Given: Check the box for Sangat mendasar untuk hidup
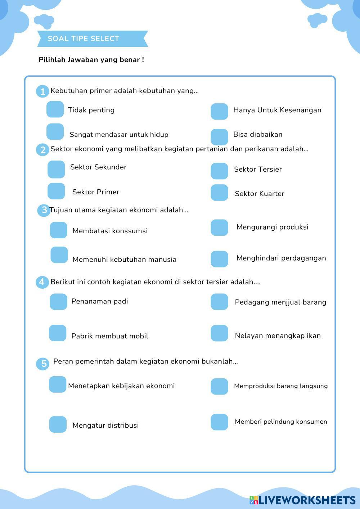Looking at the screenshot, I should pos(55,132).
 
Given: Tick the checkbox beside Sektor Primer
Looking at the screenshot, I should pos(56,191).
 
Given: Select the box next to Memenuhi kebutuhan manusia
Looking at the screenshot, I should pos(59,255).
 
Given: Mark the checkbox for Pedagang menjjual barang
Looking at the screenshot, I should pos(219,302).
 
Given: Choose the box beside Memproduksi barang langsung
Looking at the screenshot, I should pos(219,386).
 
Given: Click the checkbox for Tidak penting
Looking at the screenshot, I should pos(55,109).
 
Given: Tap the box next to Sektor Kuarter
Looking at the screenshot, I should pos(219,193).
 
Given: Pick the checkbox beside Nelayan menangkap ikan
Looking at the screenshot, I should pos(219,333).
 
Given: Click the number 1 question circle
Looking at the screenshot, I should pos(42,91).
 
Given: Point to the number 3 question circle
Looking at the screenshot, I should pos(44,210).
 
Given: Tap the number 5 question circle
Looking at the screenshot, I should pos(43,364).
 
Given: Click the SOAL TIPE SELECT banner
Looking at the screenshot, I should pos(93,39).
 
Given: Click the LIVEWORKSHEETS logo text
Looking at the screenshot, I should pos(307,500).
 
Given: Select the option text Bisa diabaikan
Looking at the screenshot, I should pos(258,135).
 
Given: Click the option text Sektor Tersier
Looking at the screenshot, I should pos(258,170).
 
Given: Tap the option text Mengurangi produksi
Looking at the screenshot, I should pos(272,227).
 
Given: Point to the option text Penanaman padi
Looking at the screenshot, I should pos(100,301).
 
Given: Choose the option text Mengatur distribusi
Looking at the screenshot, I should pos(105,425).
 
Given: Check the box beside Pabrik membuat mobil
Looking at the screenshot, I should pos(58,333).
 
